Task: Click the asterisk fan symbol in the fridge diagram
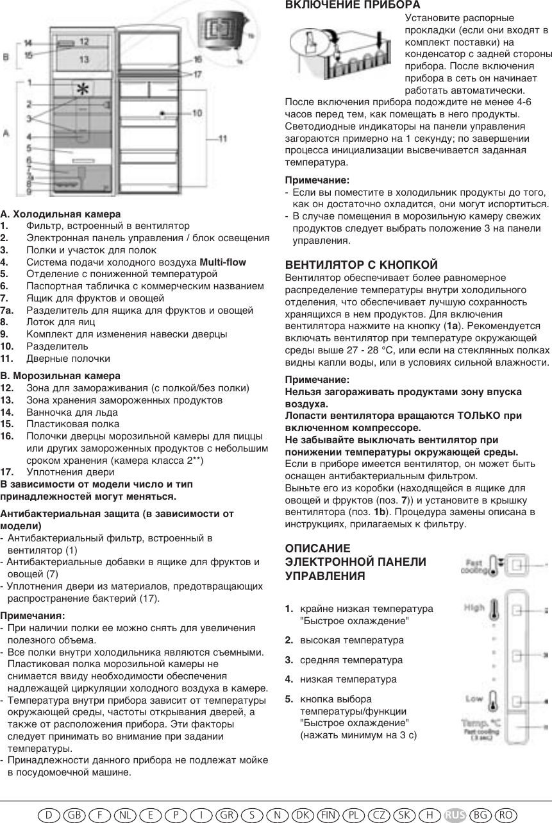(x=82, y=90)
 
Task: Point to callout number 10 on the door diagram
(x=197, y=113)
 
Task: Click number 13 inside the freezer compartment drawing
(x=85, y=58)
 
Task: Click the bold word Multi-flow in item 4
(x=223, y=262)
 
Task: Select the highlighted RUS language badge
(x=455, y=814)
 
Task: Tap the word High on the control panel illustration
(x=474, y=607)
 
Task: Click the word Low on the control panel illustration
(x=474, y=698)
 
